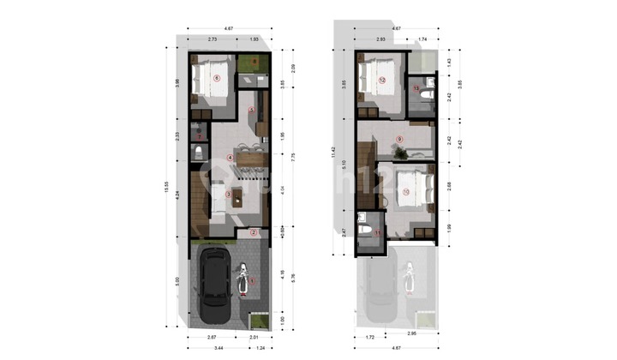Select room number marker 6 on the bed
(x=216, y=78)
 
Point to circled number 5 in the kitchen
(x=250, y=110)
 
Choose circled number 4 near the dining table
(x=230, y=157)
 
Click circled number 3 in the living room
(x=228, y=195)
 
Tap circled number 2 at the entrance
(x=254, y=231)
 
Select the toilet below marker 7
(x=200, y=153)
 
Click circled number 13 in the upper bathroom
(x=416, y=88)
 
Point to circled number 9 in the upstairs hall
(x=399, y=139)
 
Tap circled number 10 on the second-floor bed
(x=405, y=192)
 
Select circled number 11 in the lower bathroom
(x=378, y=232)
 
